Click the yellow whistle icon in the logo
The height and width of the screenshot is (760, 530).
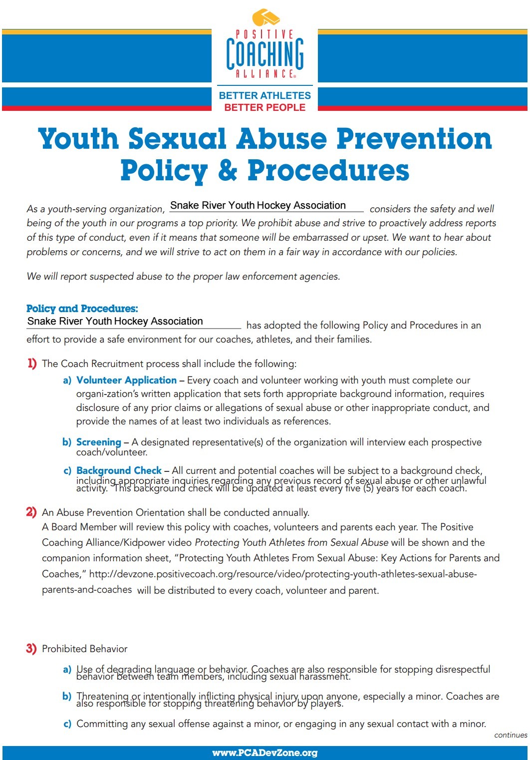point(266,17)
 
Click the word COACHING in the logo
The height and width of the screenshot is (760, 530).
point(265,53)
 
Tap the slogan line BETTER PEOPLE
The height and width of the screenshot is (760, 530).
point(265,107)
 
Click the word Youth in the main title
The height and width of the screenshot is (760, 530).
point(78,139)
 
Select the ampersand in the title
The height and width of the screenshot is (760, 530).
point(227,170)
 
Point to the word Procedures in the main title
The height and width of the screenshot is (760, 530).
point(328,170)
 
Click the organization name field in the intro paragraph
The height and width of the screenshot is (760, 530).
point(266,206)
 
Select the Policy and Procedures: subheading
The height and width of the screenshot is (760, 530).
point(82,308)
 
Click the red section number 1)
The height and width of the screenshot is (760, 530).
point(32,363)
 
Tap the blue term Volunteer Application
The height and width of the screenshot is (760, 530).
point(126,380)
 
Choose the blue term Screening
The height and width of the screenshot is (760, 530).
point(99,442)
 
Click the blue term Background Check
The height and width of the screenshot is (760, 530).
point(119,470)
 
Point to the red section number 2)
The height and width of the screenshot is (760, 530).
point(31,512)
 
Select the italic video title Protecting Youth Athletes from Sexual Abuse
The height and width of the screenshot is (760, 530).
point(291,542)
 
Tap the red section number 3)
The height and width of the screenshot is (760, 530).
point(31,649)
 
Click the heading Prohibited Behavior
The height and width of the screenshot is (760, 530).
point(85,649)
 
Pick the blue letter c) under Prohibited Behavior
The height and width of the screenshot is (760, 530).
point(67,724)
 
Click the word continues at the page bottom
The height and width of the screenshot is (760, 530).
point(511,735)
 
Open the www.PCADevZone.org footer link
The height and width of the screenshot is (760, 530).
point(265,753)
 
